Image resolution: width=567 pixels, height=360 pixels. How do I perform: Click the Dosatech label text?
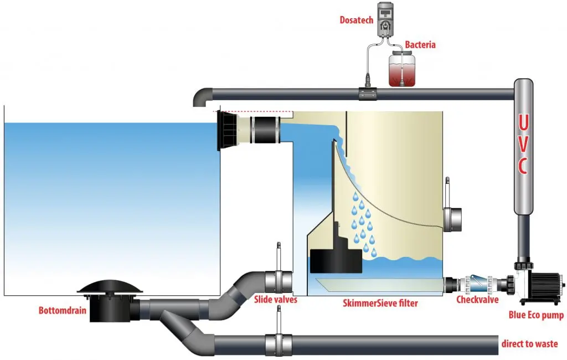pos(357,21)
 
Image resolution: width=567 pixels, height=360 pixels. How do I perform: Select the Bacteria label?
pos(420,44)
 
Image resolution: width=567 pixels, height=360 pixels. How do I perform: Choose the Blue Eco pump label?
pos(535,316)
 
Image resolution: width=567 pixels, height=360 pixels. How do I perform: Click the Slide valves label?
pos(276,300)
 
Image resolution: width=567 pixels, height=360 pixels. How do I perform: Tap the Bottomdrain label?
pos(62,310)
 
